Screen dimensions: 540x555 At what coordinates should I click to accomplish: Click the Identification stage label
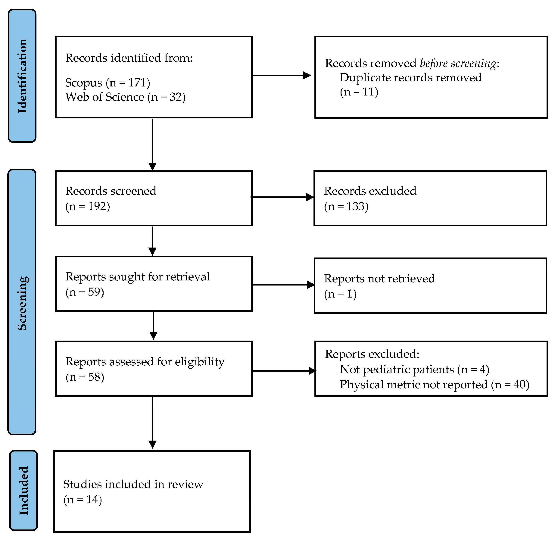[x=22, y=76]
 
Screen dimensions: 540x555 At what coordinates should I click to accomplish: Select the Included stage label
[x=23, y=490]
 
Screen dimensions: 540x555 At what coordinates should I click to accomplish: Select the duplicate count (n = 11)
[x=359, y=92]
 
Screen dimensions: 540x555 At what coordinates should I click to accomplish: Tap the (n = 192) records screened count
[x=88, y=206]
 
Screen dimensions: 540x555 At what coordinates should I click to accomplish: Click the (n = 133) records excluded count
[x=346, y=206]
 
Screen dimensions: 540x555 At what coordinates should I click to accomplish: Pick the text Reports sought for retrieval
[x=138, y=276]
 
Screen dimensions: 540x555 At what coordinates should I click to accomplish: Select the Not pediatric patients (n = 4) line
[x=414, y=369]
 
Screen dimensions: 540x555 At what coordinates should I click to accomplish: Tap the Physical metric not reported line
[x=434, y=385]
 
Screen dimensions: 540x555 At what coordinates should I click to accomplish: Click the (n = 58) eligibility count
[x=85, y=377]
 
